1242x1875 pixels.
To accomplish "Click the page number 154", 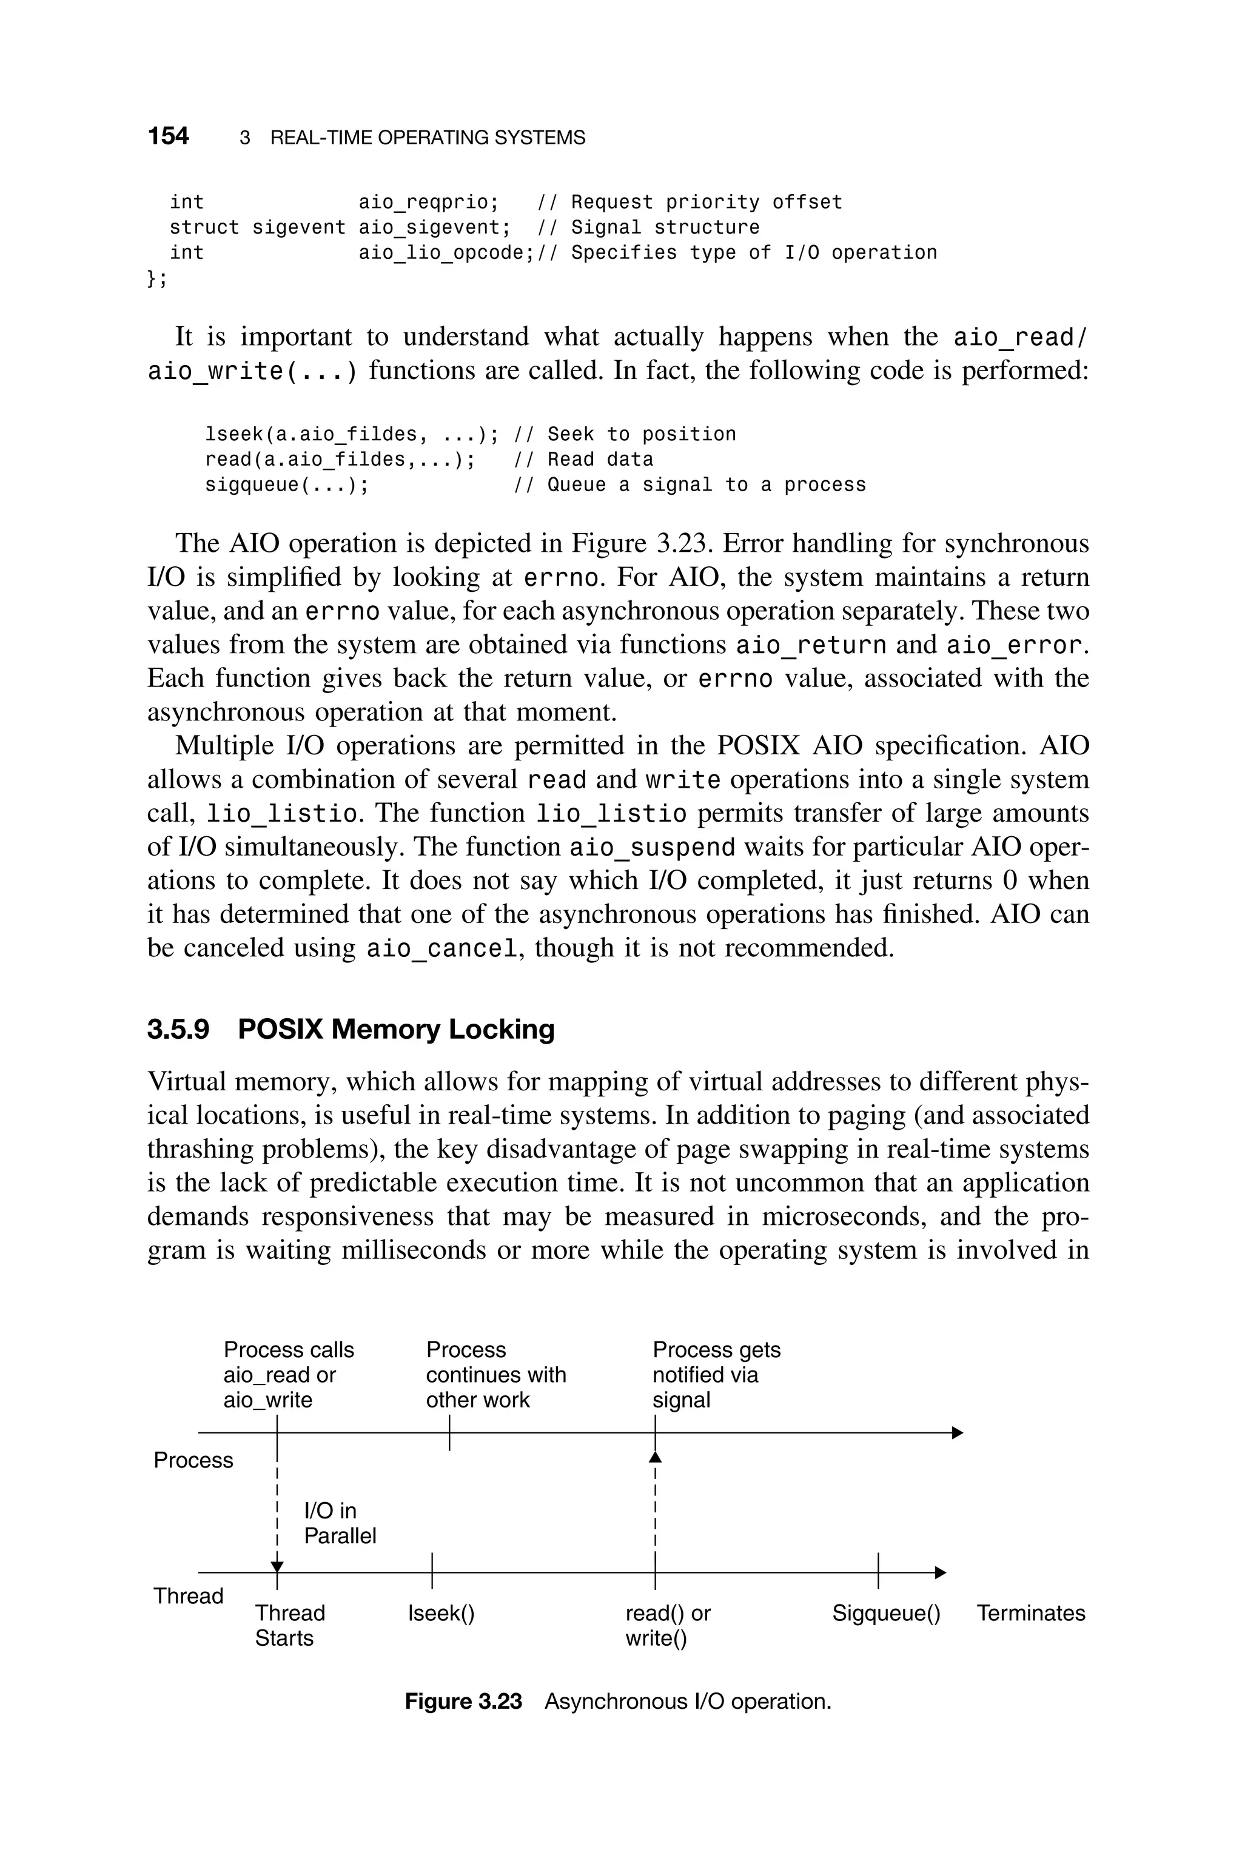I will tap(168, 136).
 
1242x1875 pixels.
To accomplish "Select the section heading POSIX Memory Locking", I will tap(395, 1028).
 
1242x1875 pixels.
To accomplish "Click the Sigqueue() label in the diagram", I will tap(885, 1613).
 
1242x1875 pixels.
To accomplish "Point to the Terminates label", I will tap(1030, 1613).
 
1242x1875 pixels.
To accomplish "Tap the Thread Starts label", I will tap(289, 1625).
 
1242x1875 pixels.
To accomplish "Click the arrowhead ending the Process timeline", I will tap(957, 1432).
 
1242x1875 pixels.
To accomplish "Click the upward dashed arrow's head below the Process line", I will tap(655, 1457).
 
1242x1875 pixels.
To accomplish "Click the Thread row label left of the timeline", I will tap(188, 1595).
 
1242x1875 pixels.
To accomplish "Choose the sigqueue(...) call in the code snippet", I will tap(287, 485).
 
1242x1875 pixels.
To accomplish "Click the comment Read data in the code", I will tap(600, 459).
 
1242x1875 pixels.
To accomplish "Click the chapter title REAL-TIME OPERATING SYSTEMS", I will tap(427, 138).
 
